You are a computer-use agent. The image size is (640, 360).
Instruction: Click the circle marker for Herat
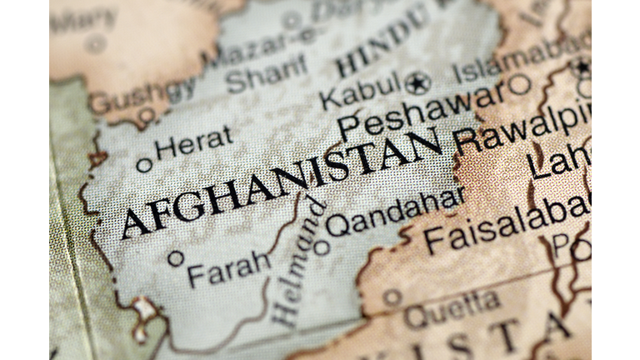click(144, 164)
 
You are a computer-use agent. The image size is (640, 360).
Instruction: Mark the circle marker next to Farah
click(176, 258)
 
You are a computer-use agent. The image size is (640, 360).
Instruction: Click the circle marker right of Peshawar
click(520, 84)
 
